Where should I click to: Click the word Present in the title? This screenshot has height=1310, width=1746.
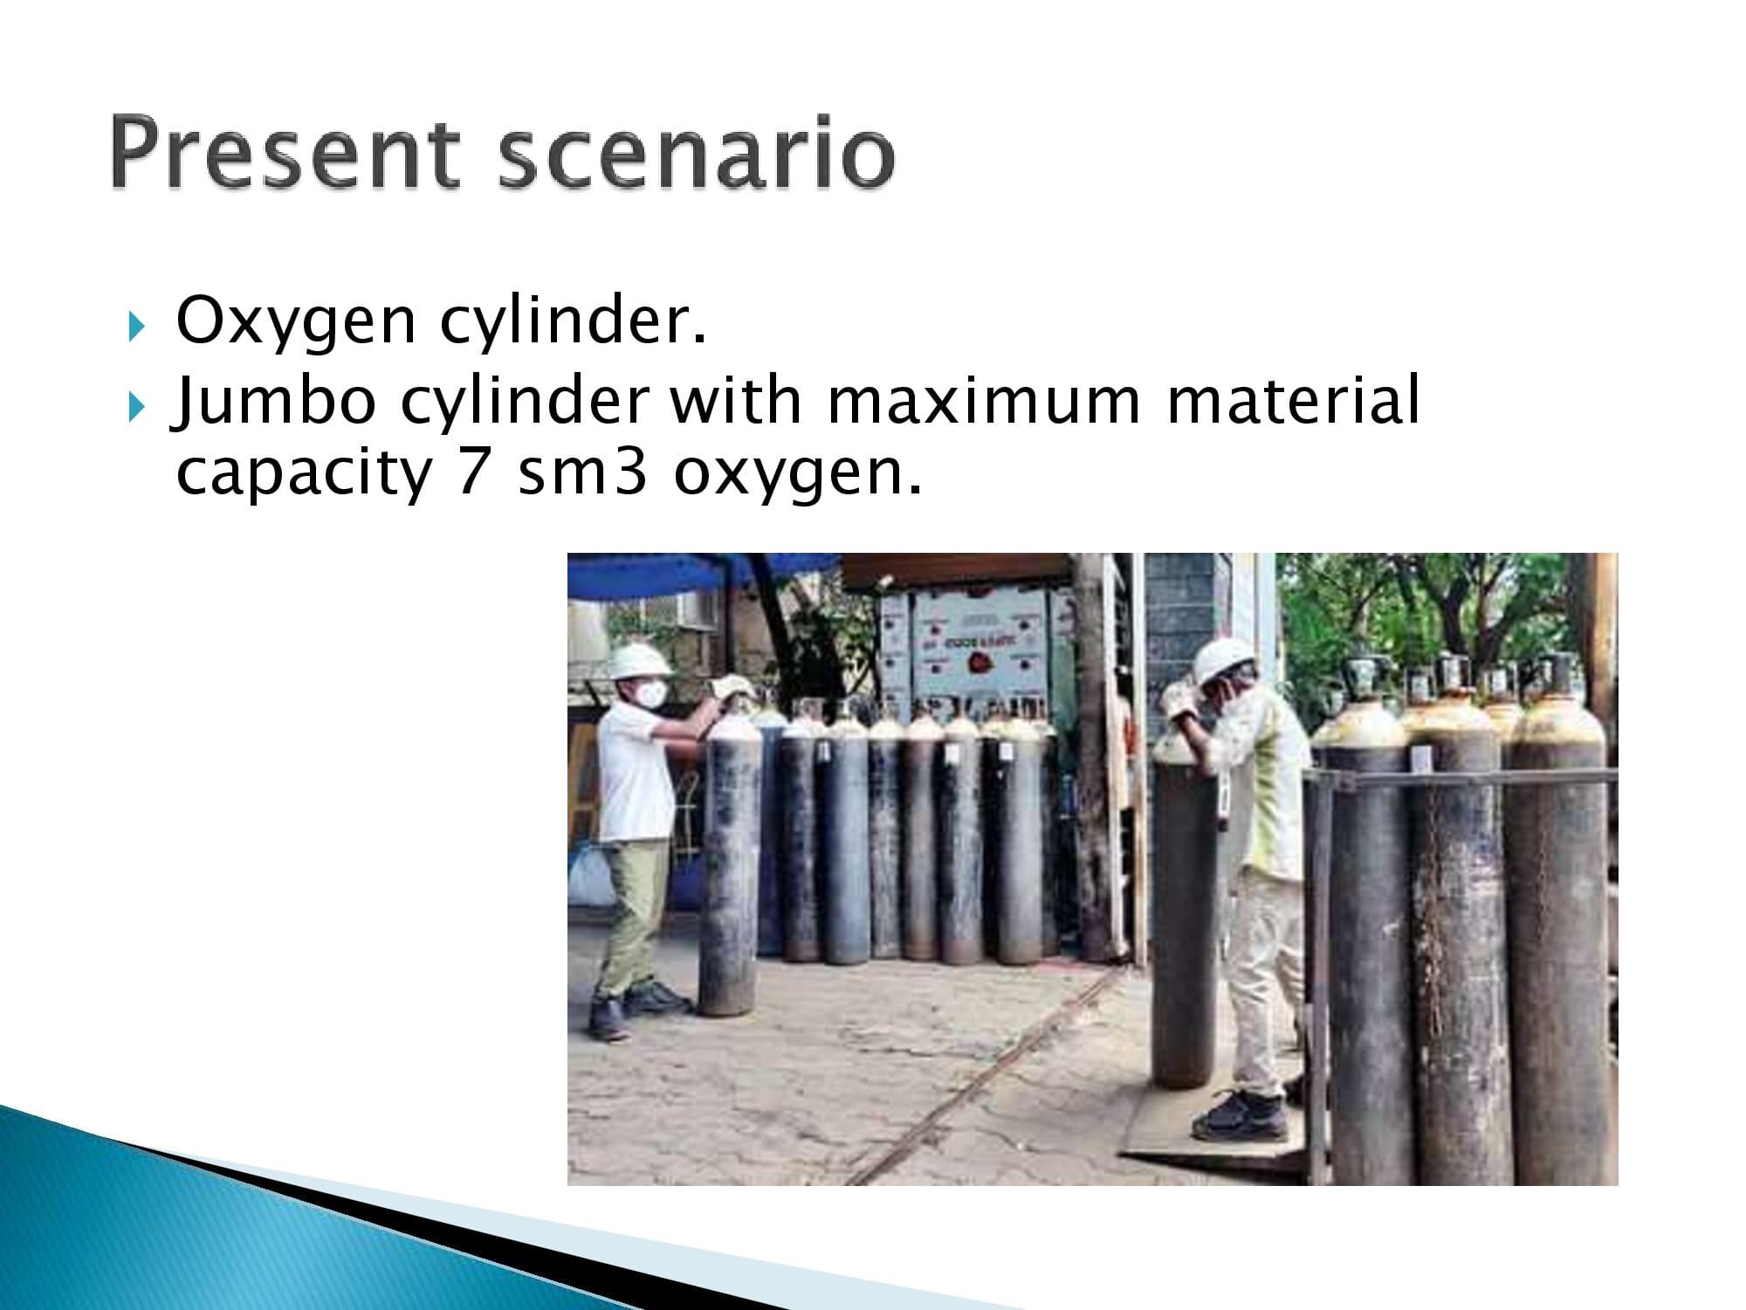pyautogui.click(x=285, y=155)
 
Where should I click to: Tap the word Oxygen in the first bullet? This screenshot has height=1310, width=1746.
pyautogui.click(x=296, y=322)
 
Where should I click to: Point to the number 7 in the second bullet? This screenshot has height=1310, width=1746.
pyautogui.click(x=473, y=472)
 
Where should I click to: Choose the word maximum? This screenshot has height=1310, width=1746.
pyautogui.click(x=984, y=401)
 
